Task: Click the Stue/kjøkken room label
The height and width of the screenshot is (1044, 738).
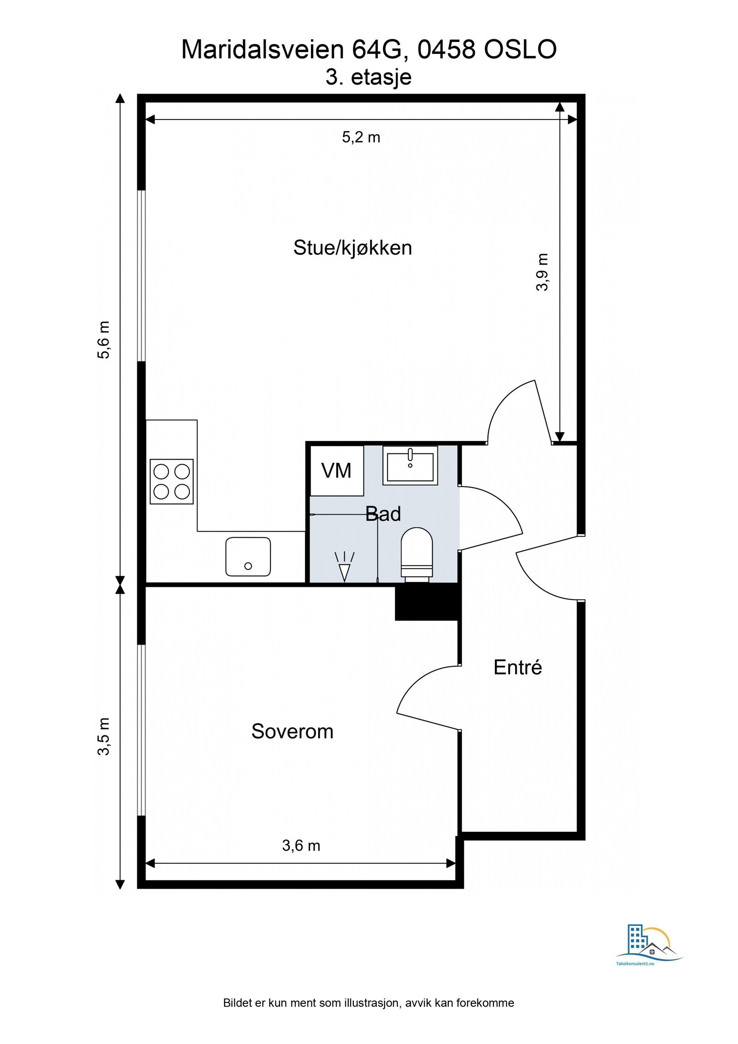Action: click(x=352, y=248)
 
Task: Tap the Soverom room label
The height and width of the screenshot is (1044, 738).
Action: click(x=292, y=731)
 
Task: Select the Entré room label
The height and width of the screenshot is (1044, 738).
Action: click(x=518, y=667)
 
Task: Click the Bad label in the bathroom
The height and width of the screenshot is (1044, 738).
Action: click(x=383, y=514)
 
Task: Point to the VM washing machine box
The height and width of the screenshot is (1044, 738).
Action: click(x=336, y=471)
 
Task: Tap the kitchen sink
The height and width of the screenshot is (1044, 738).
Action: click(x=248, y=556)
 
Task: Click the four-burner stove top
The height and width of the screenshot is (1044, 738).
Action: click(x=172, y=481)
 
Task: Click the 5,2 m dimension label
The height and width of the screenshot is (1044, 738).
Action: click(x=361, y=137)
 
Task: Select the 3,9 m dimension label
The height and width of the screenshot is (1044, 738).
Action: click(x=542, y=272)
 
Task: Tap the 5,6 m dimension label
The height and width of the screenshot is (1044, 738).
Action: click(x=104, y=340)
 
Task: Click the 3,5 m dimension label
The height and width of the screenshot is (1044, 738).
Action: click(x=104, y=736)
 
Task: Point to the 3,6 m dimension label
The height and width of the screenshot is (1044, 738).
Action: click(x=301, y=846)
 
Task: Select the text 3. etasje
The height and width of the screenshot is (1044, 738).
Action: click(x=368, y=77)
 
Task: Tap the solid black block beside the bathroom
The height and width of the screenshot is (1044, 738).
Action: click(x=428, y=602)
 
